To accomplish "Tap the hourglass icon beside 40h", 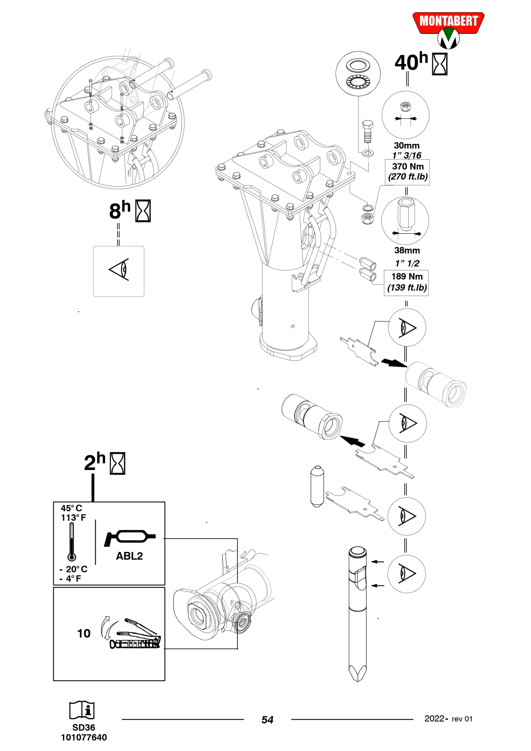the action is coord(440,65).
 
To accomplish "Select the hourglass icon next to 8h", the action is coord(143,211).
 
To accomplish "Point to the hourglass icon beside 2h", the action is coord(117,464).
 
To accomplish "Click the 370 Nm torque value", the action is coord(408,167).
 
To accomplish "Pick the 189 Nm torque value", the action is coord(407,277).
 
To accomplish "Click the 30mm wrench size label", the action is coord(407,146).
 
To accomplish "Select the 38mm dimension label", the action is coord(407,251).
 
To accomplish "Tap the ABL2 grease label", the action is coord(129,556).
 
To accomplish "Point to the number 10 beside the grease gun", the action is coord(84,634).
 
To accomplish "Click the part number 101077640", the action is coord(84,737).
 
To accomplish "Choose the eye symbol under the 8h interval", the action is coord(119,269).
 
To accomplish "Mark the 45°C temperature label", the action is coord(71,508).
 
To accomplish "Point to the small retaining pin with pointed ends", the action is coord(317,486).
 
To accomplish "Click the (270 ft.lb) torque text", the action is coord(408,177).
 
